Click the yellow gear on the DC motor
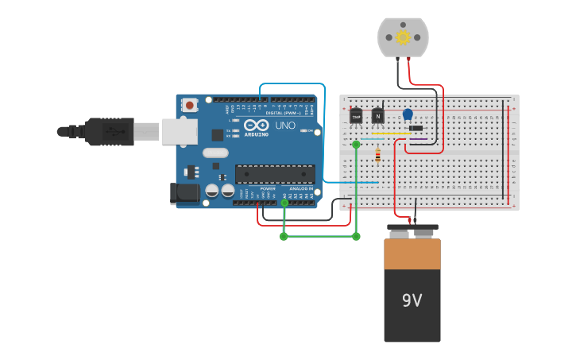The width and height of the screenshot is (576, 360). coord(403,37)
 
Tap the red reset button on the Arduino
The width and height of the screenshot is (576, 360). coord(190,105)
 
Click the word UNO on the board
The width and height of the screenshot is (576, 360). coord(284,126)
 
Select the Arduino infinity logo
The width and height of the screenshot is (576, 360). coord(256,125)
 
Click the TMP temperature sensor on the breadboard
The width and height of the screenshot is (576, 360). coord(355,117)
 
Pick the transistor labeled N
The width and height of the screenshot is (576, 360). coord(377,116)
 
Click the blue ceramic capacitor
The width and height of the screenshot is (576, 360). coord(408,114)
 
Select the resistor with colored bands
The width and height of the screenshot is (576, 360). coord(377,155)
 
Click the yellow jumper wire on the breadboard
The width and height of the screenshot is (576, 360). coord(391,134)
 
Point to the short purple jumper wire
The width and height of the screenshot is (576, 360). coord(419,140)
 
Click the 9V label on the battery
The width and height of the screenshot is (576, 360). coord(412,300)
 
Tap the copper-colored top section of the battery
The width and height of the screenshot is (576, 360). coord(412,254)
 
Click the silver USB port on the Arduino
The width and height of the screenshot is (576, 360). coord(179,131)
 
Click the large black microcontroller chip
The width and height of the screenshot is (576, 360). coord(275,174)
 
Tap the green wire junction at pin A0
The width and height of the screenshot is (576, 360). coord(284,203)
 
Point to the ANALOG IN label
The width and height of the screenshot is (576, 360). coord(300,188)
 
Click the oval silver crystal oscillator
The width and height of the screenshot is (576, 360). coord(215,153)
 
